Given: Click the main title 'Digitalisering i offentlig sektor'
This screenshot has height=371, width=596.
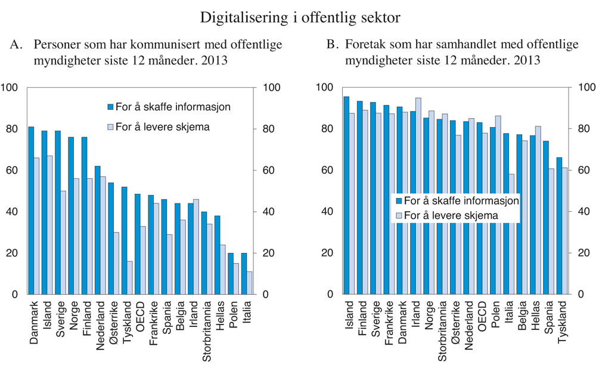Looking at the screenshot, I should (x=300, y=17).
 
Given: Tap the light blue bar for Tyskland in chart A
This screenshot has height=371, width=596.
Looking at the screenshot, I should (x=129, y=277).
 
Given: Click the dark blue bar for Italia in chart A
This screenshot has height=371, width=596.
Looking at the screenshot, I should (x=243, y=273).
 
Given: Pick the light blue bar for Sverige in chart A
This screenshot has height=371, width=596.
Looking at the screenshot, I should (x=63, y=243).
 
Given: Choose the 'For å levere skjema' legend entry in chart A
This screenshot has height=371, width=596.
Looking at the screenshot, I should (x=154, y=126).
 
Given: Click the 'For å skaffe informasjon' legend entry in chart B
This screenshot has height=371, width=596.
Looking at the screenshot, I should (x=456, y=201).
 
